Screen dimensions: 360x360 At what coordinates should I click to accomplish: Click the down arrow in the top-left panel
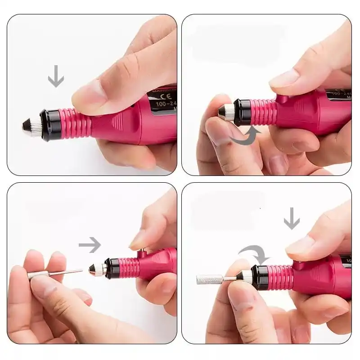(x=56, y=76)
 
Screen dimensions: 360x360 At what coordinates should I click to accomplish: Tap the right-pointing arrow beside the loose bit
(x=90, y=245)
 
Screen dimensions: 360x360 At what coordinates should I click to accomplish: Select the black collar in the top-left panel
(x=49, y=123)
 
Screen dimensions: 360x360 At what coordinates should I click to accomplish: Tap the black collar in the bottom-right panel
(x=260, y=276)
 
